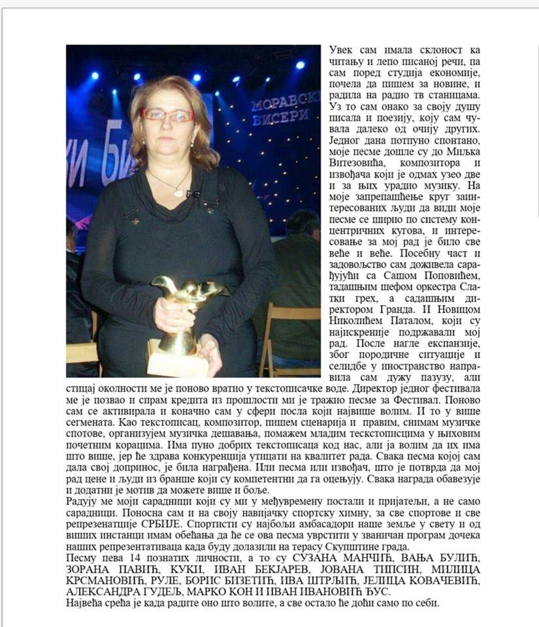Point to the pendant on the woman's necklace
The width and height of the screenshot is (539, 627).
[x=176, y=191]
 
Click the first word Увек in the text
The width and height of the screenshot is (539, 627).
[x=341, y=50]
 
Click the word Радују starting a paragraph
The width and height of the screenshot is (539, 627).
[x=83, y=502]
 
